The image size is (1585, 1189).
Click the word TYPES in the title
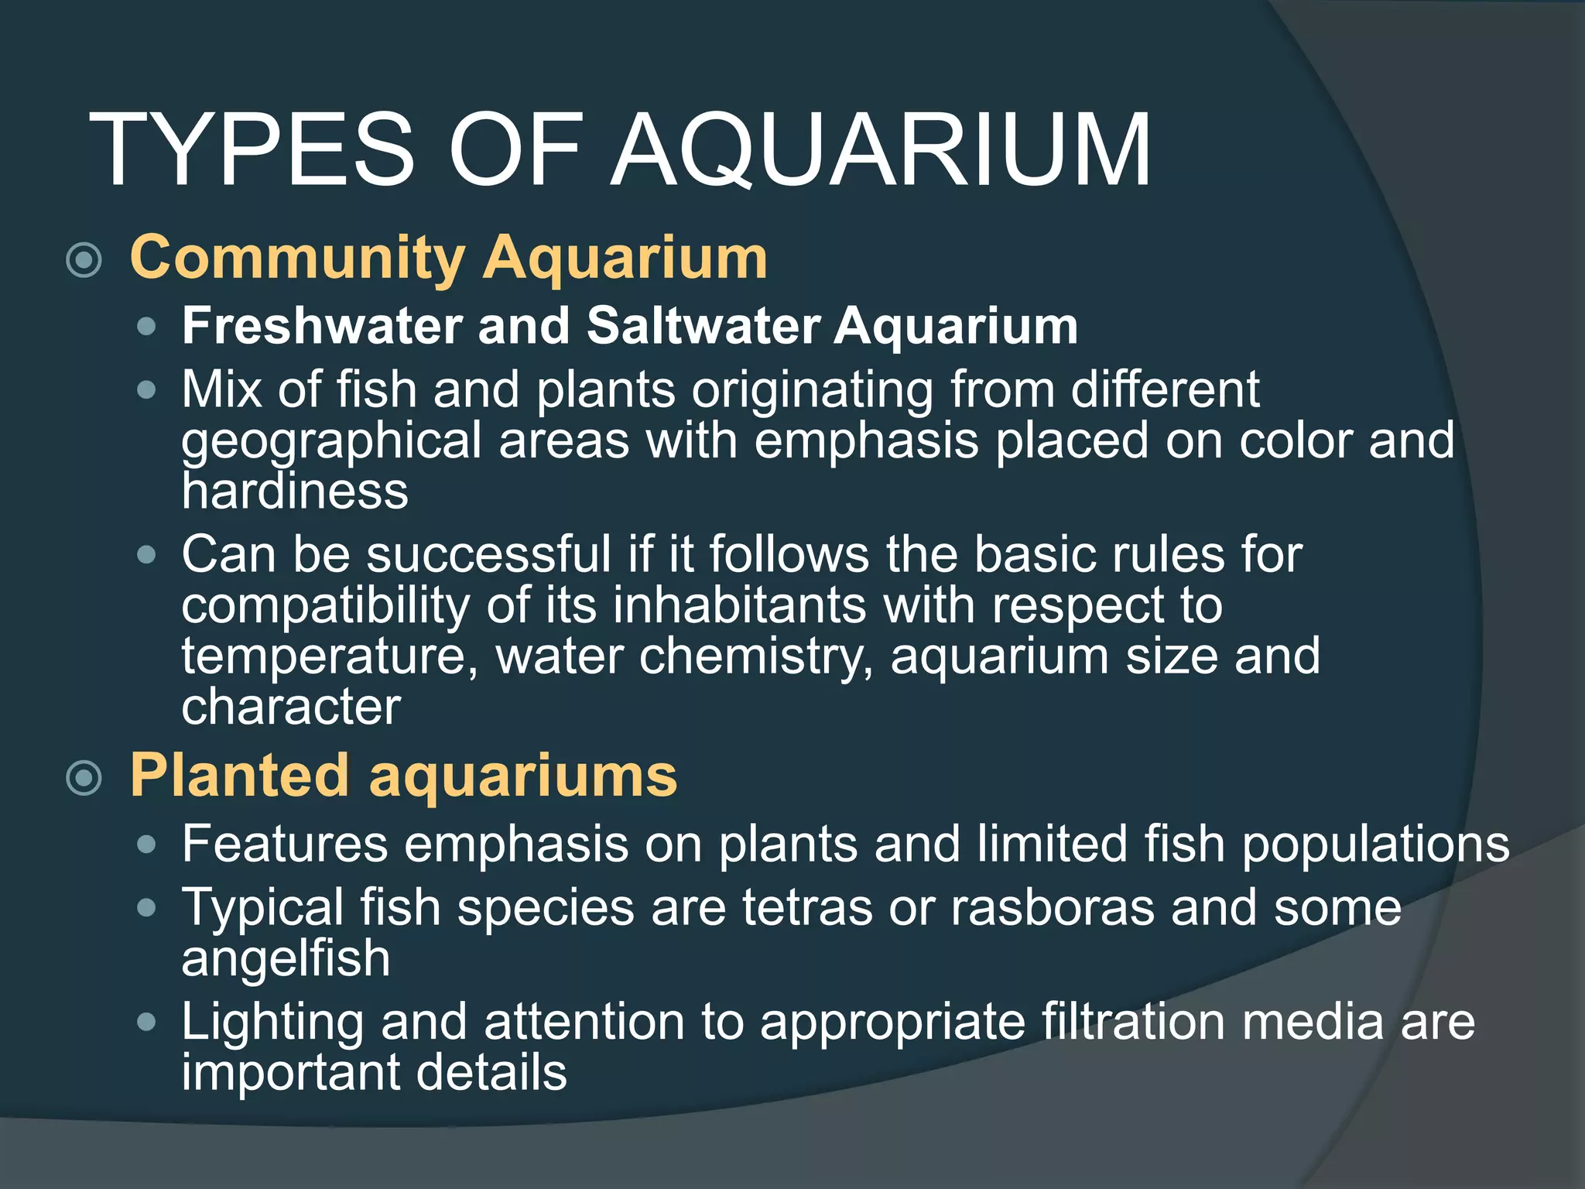coord(252,150)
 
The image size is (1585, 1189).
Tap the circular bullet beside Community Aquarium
coord(84,260)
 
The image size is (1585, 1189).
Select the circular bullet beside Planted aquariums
coord(84,777)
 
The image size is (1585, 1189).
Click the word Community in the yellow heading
coord(298,259)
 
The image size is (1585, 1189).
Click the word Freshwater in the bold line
coord(321,326)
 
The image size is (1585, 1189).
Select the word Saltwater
coord(703,326)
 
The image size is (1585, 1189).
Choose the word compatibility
coord(325,607)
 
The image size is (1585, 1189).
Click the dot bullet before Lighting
coord(145,1023)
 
